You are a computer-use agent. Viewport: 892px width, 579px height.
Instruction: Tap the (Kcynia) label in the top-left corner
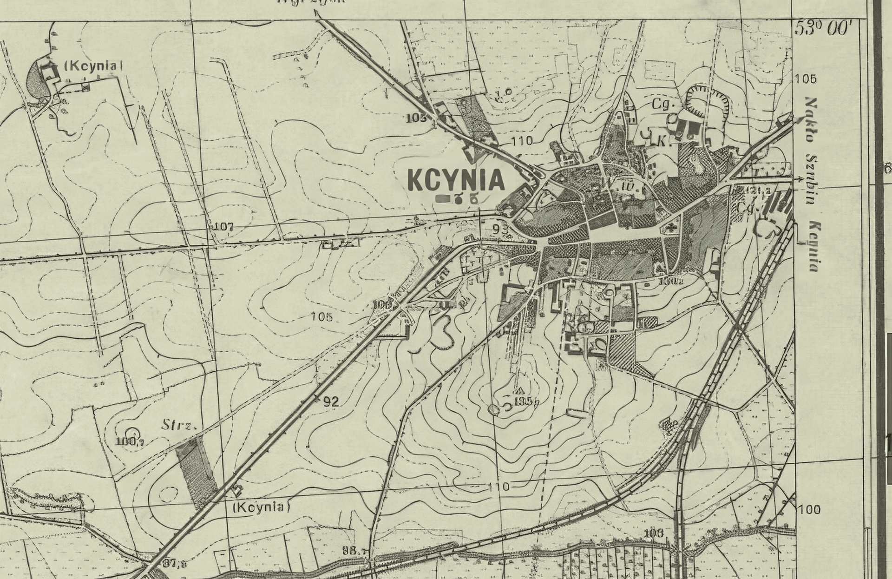[93, 66]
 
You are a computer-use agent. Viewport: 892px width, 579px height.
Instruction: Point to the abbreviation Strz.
[177, 425]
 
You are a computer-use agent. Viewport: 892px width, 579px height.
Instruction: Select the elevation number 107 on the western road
[224, 227]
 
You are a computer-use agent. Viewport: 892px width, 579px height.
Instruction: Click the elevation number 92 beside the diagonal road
[331, 402]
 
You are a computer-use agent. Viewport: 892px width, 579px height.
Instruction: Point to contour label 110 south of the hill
[499, 487]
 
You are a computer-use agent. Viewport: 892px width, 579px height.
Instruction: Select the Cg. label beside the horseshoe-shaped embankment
[662, 105]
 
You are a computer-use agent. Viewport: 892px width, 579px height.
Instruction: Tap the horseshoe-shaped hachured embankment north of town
[705, 99]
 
